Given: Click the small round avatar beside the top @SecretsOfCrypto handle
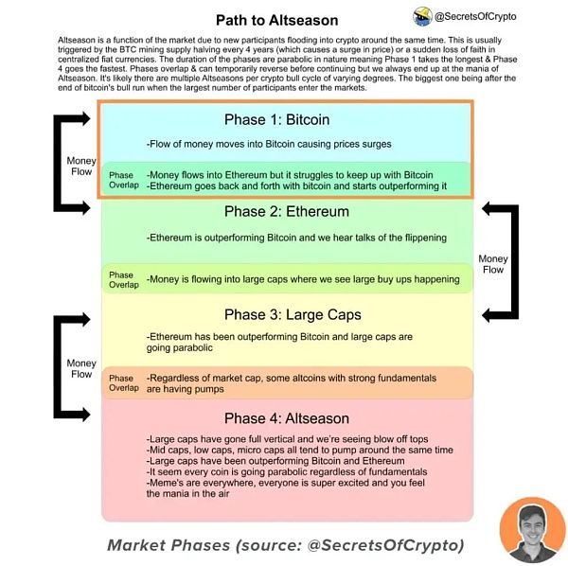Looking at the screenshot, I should pyautogui.click(x=422, y=16).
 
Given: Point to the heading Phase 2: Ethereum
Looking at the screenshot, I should pyautogui.click(x=286, y=211).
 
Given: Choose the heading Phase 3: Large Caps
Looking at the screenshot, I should pyautogui.click(x=286, y=314).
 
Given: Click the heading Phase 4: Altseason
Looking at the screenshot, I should pyautogui.click(x=286, y=418).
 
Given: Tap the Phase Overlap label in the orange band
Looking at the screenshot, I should pyautogui.click(x=121, y=383).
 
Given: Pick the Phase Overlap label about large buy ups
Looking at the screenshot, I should pyautogui.click(x=121, y=279).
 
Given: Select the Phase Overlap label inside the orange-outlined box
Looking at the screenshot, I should pyautogui.click(x=121, y=181).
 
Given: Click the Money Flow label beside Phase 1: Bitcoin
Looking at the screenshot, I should pyautogui.click(x=81, y=167).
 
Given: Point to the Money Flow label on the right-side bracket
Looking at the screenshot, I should pyautogui.click(x=493, y=264).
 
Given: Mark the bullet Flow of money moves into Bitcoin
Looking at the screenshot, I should pyautogui.click(x=270, y=144).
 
